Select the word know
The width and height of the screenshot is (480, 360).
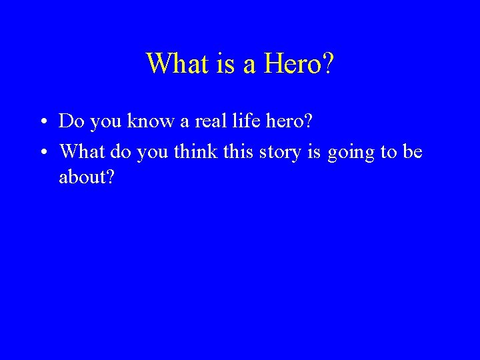pyautogui.click(x=147, y=121)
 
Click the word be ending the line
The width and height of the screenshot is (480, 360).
pyautogui.click(x=413, y=152)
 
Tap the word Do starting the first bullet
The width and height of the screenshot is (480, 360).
pyautogui.click(x=69, y=121)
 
